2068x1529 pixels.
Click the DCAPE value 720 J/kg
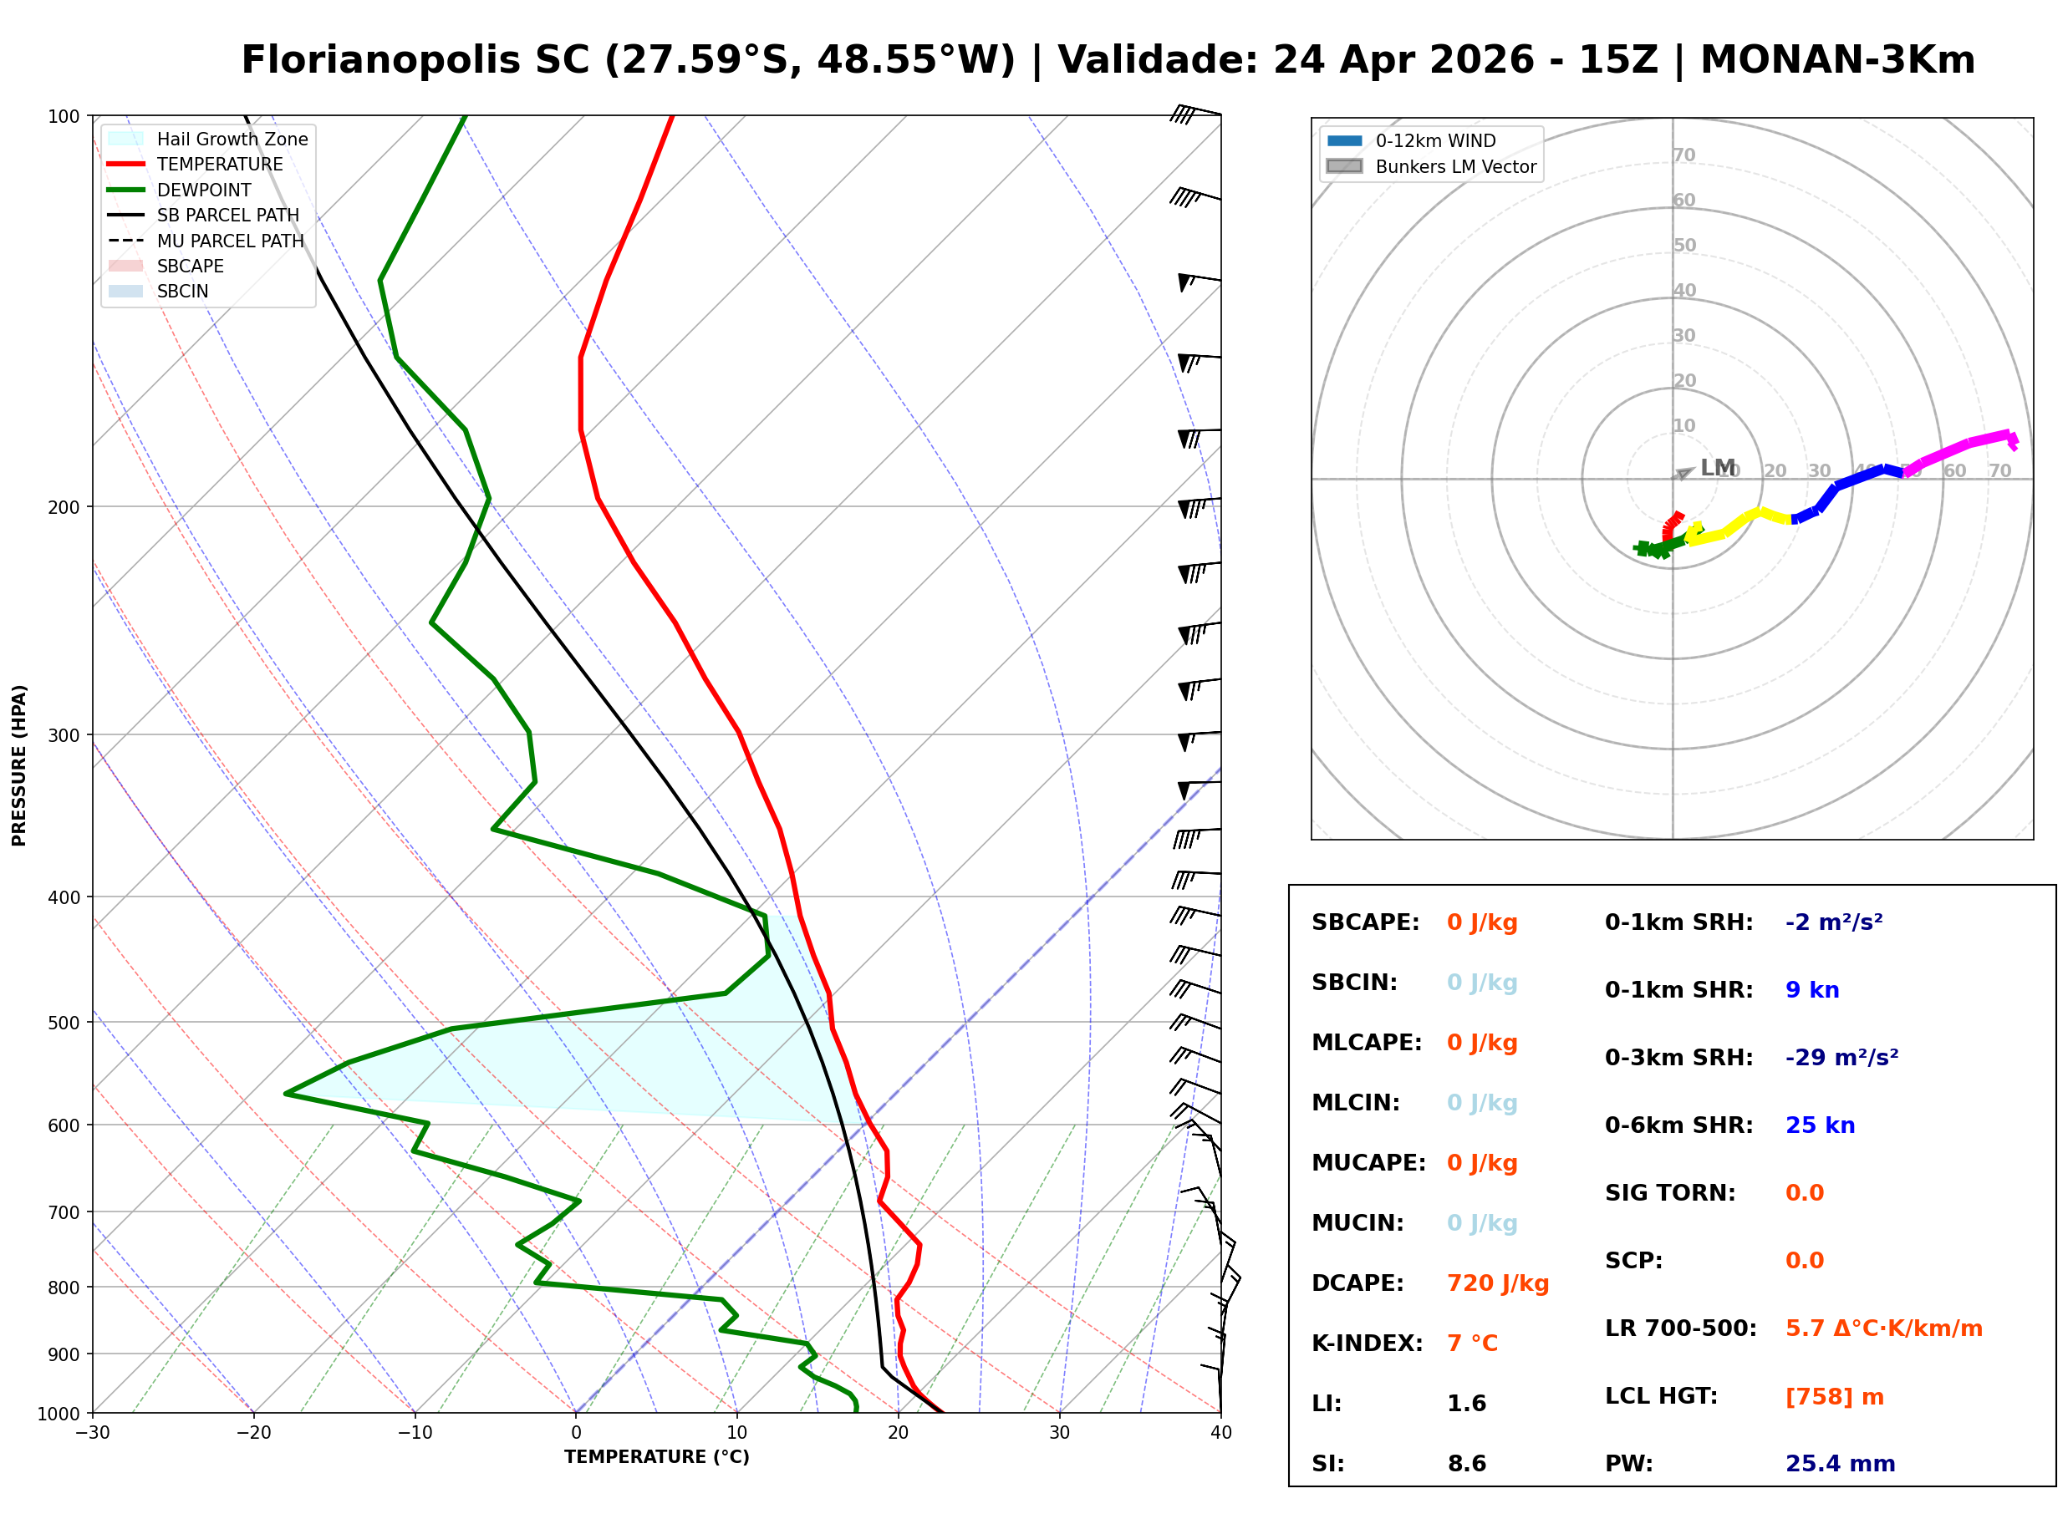1497,1283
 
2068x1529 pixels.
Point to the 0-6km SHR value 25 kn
1819,1125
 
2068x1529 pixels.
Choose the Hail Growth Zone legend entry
232,139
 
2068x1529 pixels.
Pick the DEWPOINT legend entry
204,190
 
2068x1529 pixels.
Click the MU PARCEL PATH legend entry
230,241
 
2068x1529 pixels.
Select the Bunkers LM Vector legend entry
1454,166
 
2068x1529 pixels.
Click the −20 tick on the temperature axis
253,1433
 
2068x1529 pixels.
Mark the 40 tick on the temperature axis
1220,1433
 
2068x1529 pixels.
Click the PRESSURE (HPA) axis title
19,764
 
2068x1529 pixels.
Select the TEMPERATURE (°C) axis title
656,1457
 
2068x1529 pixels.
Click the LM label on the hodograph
1717,467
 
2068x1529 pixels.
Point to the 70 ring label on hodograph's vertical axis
1683,155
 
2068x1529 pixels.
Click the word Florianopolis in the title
415,60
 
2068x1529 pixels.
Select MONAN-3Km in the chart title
1837,60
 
